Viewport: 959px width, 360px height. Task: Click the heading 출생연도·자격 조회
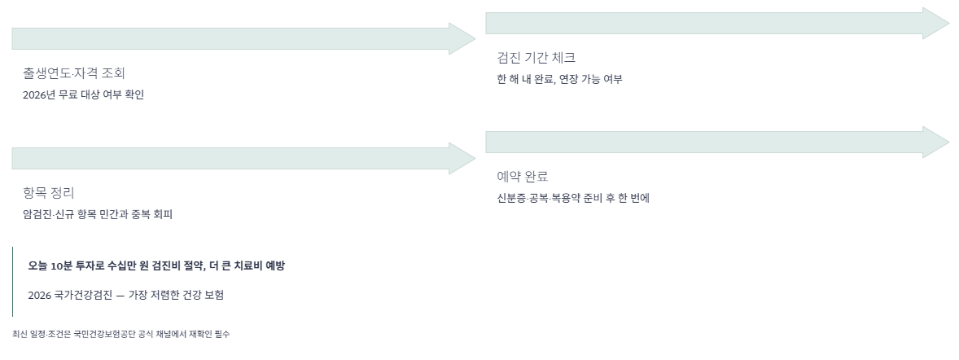click(x=73, y=73)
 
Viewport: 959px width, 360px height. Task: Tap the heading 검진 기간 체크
click(x=536, y=58)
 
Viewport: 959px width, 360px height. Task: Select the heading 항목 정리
click(x=48, y=193)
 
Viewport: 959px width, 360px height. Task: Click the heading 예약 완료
click(x=522, y=177)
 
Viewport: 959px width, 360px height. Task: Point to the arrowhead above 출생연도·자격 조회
click(x=461, y=39)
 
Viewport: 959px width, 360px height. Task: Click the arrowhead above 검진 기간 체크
click(x=935, y=24)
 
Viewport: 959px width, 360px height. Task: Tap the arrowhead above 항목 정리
click(x=461, y=158)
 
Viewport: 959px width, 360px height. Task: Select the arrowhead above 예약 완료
click(x=935, y=143)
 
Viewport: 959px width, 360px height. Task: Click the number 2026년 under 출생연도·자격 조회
click(x=39, y=94)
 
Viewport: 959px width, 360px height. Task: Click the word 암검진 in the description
click(x=37, y=214)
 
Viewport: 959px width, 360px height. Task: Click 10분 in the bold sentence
click(x=62, y=266)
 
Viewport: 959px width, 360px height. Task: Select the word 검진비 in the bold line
click(x=164, y=266)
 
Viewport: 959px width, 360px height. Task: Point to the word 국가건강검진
click(x=83, y=295)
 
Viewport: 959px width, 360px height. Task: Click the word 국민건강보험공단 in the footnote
click(x=99, y=334)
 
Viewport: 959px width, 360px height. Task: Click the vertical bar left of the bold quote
click(x=12, y=281)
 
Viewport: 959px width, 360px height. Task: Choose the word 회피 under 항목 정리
click(x=163, y=214)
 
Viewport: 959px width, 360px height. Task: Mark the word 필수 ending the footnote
click(x=222, y=334)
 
